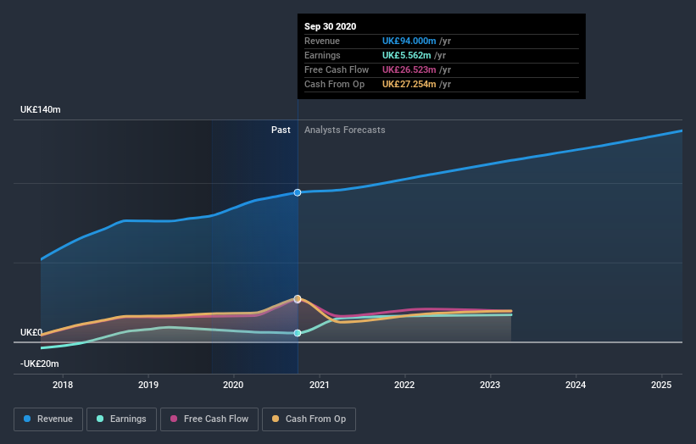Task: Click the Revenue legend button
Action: (x=48, y=419)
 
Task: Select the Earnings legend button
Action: (x=121, y=419)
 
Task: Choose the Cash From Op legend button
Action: (x=309, y=419)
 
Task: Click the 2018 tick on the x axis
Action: (x=62, y=385)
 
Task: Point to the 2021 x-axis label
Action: (x=319, y=385)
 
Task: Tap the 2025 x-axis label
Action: (x=661, y=385)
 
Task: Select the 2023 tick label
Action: (x=490, y=385)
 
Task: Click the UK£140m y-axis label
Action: (x=41, y=110)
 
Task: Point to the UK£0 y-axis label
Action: (x=31, y=332)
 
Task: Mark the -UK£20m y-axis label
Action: (x=41, y=364)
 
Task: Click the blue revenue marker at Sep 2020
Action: (x=298, y=193)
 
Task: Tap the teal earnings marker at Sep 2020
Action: (x=298, y=333)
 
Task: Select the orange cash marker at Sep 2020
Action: (x=298, y=298)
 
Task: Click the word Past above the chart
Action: (x=281, y=130)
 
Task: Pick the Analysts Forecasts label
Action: (x=344, y=130)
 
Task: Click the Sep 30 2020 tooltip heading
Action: (x=330, y=26)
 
